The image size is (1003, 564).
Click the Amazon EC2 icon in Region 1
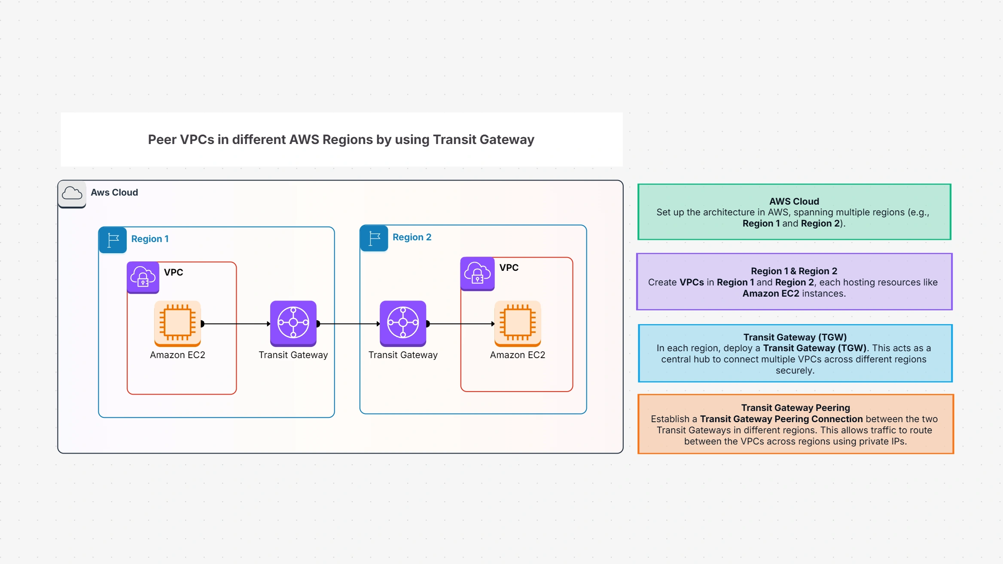[x=177, y=323]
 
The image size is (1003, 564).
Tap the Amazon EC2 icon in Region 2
[x=517, y=323]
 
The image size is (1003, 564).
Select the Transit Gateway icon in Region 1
[x=293, y=323]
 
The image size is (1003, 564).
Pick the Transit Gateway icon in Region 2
[x=402, y=323]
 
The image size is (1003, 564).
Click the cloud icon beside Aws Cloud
[x=72, y=193]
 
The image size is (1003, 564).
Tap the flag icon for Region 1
[x=113, y=240]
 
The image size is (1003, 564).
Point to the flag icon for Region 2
[x=374, y=238]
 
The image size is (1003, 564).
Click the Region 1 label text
[x=150, y=239]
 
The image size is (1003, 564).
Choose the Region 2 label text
[x=412, y=237]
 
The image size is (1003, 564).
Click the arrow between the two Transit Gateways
[x=349, y=324]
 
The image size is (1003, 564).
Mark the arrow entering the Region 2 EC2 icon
[x=462, y=324]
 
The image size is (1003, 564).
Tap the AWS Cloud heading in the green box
[x=794, y=201]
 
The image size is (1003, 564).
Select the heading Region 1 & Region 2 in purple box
[x=794, y=271]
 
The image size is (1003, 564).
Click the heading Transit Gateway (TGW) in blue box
[x=795, y=337]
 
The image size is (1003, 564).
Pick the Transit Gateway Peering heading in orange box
[x=795, y=408]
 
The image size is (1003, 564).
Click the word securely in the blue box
[x=794, y=371]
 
